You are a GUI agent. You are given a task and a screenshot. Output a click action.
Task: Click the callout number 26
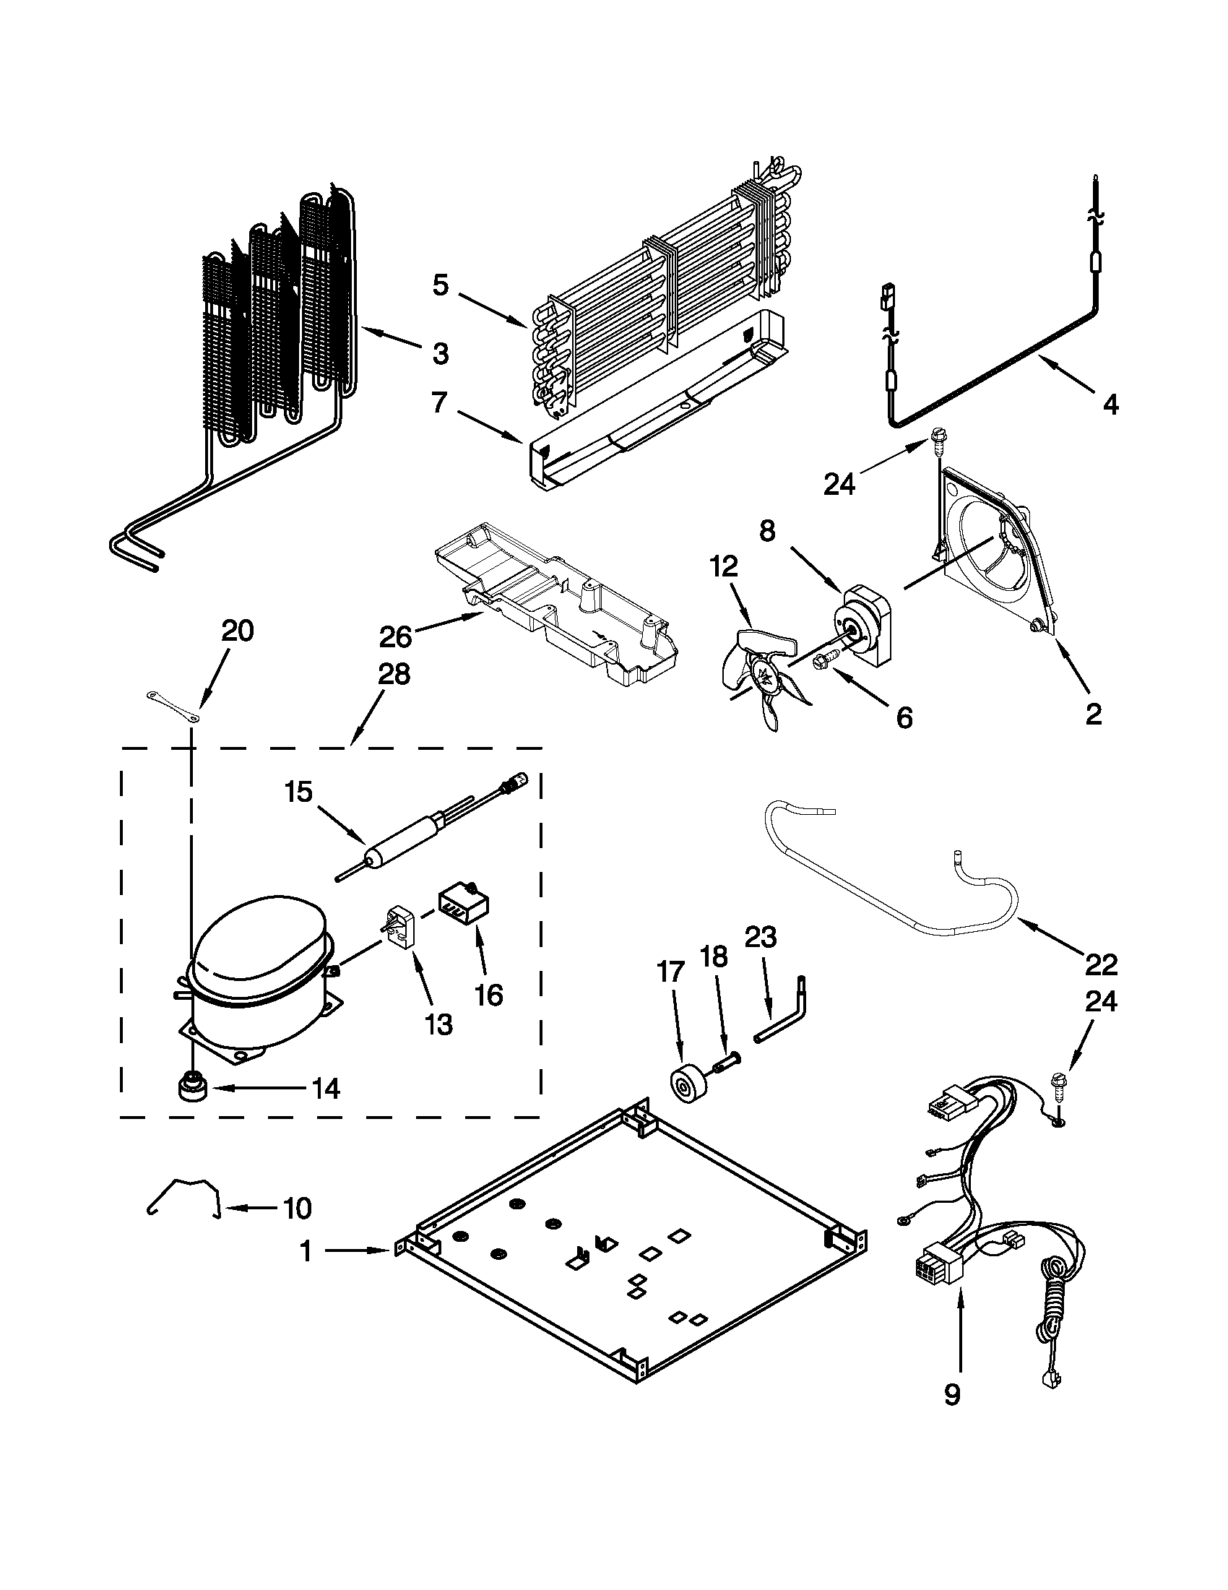click(x=395, y=636)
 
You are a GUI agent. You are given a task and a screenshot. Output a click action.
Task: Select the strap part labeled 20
click(x=172, y=707)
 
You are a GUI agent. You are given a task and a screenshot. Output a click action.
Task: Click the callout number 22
click(x=1100, y=964)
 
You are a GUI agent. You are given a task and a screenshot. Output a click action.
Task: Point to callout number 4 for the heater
click(x=1110, y=404)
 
